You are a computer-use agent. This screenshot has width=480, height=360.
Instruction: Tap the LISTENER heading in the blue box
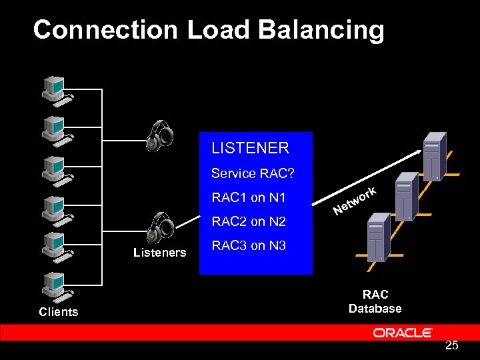250,148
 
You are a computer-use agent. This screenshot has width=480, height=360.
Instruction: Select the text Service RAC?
253,173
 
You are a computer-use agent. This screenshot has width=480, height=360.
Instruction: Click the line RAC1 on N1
248,198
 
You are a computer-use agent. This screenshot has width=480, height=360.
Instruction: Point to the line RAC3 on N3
248,246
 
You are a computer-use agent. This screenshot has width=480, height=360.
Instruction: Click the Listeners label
159,253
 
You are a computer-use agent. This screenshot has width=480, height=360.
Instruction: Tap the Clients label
58,312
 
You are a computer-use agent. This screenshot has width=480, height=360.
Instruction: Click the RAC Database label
375,301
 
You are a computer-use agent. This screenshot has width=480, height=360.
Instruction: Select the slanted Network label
356,201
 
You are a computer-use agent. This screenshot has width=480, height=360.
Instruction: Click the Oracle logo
403,333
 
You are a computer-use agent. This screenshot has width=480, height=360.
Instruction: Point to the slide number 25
451,345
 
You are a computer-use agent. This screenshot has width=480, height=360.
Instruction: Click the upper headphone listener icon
160,136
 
